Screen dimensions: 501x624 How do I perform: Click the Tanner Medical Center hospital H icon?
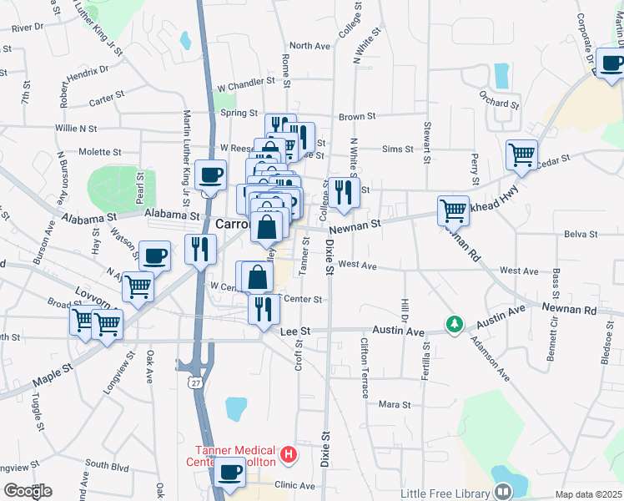289,454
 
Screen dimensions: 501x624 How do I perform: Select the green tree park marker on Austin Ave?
454,323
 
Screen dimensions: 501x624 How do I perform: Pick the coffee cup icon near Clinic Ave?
230,473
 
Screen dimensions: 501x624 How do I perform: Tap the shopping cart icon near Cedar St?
521,154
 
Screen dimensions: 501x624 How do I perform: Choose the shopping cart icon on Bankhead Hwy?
453,210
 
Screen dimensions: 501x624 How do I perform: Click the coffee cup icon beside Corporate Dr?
611,63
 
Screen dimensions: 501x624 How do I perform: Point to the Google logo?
27,491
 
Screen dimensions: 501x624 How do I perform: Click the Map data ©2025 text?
587,494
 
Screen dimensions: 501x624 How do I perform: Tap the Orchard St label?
501,104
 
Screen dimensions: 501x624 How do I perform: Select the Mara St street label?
395,404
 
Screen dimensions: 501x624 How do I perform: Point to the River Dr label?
27,28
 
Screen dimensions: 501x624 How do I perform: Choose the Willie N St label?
76,129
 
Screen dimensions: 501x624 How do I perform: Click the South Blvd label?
106,464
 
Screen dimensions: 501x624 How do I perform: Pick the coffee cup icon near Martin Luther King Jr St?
210,176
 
